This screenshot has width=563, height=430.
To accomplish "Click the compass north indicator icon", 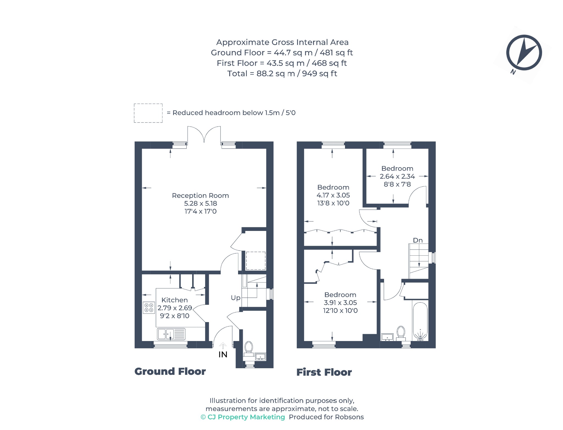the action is (x=524, y=53).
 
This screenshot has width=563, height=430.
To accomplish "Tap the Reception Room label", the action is (x=200, y=196).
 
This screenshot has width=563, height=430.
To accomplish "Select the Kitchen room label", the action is (x=175, y=300).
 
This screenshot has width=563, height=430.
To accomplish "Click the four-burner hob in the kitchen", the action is (x=149, y=308).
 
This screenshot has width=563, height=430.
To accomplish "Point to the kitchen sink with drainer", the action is (x=171, y=334).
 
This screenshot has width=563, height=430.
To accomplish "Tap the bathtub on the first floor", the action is (x=420, y=322).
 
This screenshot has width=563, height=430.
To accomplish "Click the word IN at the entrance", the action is (x=223, y=355).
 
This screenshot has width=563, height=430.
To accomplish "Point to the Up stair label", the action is (x=236, y=298).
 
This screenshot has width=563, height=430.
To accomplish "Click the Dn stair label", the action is (x=418, y=240).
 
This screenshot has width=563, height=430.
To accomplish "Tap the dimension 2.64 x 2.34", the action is (x=397, y=176).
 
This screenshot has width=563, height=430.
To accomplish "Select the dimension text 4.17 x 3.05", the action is (x=333, y=195).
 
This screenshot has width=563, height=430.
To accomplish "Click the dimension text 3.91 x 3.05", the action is (x=340, y=303).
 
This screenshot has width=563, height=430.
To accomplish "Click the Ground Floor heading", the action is (x=170, y=372).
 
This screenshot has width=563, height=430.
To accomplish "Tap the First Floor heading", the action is (x=324, y=372).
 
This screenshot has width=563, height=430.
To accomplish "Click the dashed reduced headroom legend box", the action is (x=148, y=113).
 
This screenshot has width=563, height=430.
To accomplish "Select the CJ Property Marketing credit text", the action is (x=243, y=417).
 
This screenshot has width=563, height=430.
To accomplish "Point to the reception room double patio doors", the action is (x=204, y=135).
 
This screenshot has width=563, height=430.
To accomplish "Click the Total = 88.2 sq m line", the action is (x=282, y=74).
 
